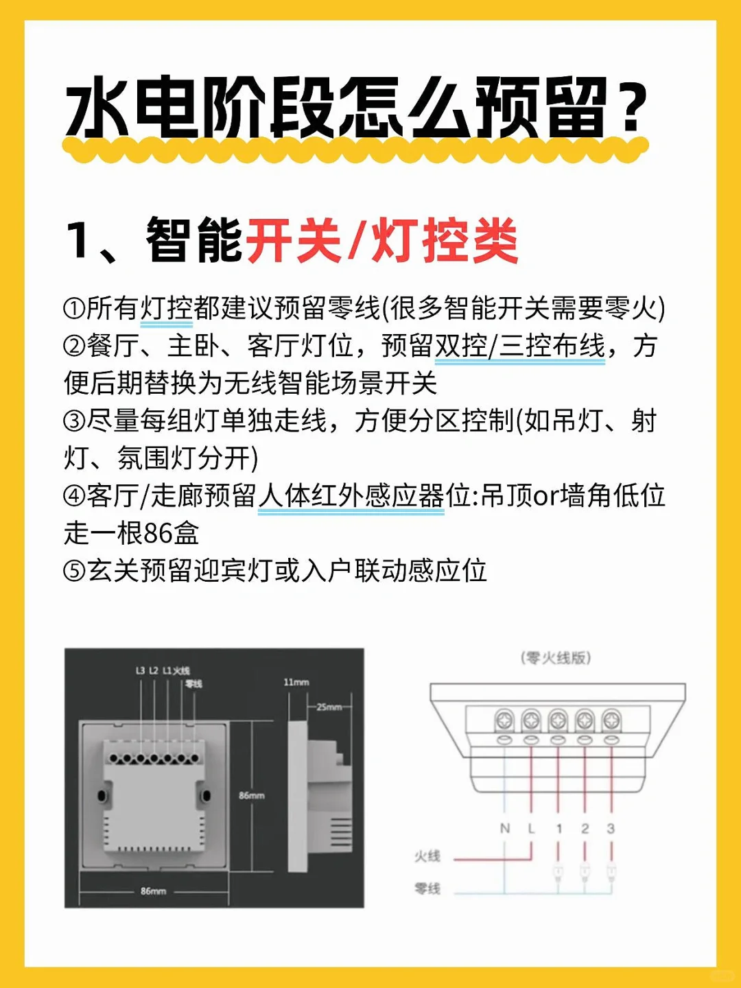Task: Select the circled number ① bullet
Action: click(x=73, y=309)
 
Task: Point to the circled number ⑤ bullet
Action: click(x=73, y=571)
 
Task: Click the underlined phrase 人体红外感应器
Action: click(x=351, y=496)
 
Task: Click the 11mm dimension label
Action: click(x=296, y=682)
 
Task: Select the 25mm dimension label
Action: click(x=329, y=707)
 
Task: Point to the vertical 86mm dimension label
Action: click(x=252, y=795)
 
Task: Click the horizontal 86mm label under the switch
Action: click(x=153, y=891)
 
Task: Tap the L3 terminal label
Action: click(x=140, y=670)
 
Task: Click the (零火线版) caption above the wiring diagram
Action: click(x=556, y=658)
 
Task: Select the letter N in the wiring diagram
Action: click(x=505, y=829)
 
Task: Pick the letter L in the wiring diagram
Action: click(x=531, y=829)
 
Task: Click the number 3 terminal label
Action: click(x=611, y=829)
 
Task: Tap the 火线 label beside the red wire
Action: click(x=427, y=856)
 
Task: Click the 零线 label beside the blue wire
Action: click(x=427, y=889)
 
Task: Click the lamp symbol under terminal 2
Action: click(x=585, y=873)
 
